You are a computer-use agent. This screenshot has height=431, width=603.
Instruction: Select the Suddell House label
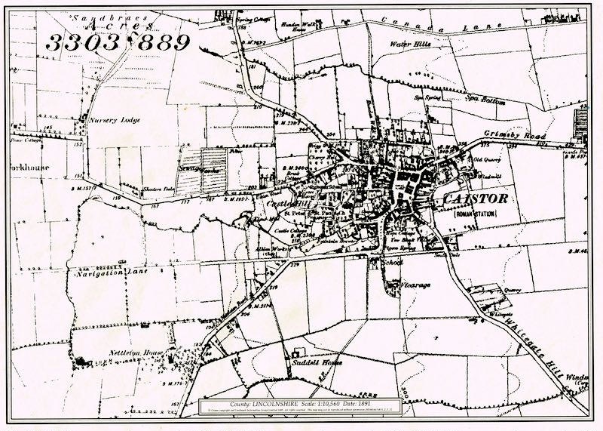[317, 362]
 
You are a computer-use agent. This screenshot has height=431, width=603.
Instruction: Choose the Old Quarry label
[487, 160]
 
